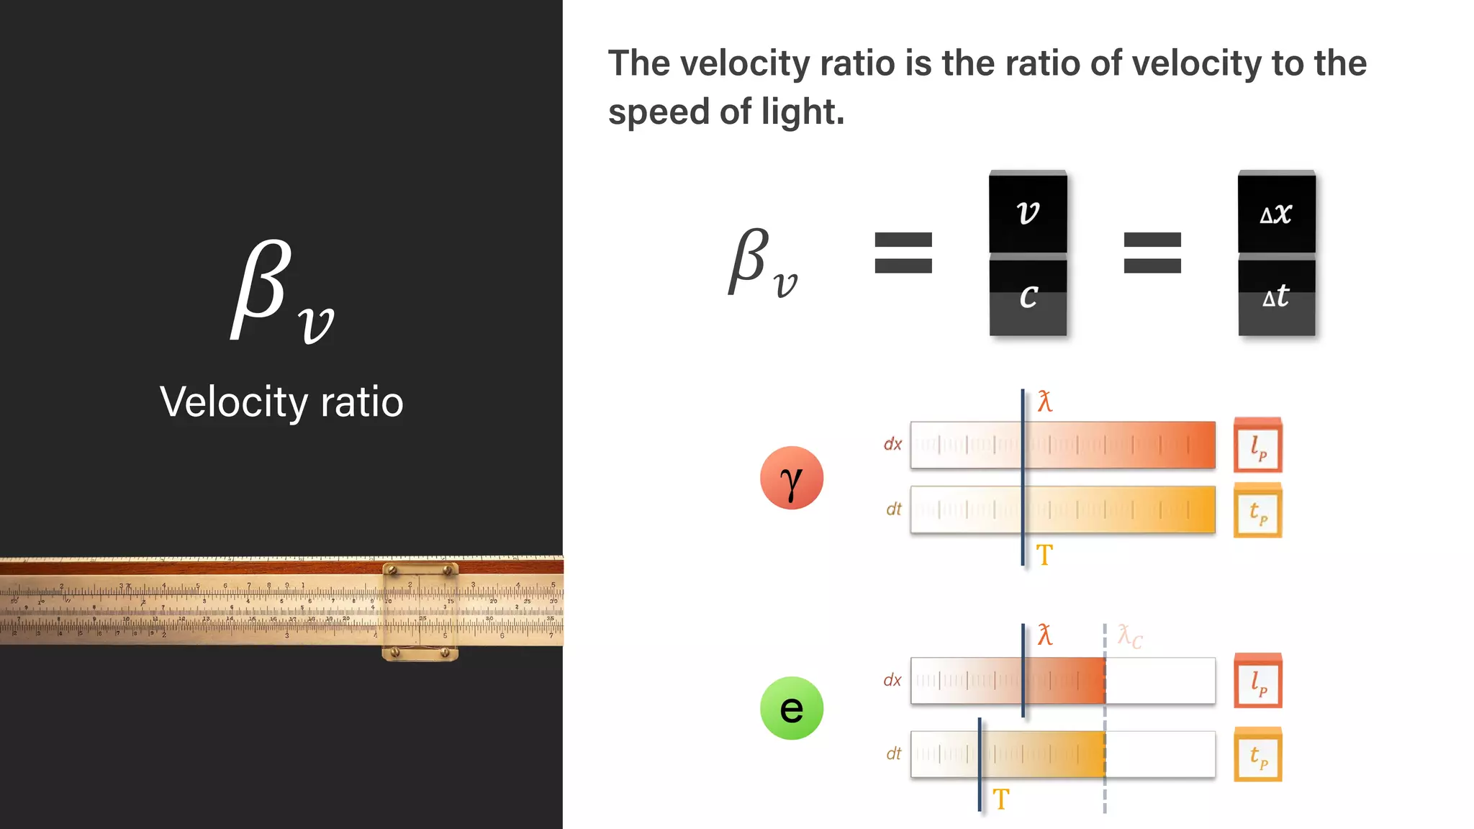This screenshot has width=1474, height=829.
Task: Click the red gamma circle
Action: click(791, 478)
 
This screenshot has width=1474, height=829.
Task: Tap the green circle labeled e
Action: click(791, 708)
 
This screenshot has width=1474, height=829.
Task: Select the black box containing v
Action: click(1028, 212)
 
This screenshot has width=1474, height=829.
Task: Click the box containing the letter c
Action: click(1028, 296)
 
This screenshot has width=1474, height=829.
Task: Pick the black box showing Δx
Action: click(1276, 212)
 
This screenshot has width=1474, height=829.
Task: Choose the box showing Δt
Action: click(1276, 296)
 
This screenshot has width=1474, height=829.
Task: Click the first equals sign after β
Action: click(903, 253)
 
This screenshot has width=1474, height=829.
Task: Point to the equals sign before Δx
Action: click(1152, 253)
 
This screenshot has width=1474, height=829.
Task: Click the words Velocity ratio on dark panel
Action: click(281, 402)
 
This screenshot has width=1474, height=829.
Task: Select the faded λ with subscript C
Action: click(1129, 636)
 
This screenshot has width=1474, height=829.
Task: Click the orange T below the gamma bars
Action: click(1044, 555)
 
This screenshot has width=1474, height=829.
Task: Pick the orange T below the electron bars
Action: click(1001, 799)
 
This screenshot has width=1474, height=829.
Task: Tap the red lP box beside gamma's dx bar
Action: click(1258, 445)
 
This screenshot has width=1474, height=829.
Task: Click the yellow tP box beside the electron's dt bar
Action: click(1258, 755)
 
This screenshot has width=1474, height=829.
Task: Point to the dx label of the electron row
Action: click(892, 680)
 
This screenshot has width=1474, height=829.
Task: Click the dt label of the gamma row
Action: click(893, 509)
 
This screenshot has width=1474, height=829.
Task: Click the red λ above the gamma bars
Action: click(1045, 402)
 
